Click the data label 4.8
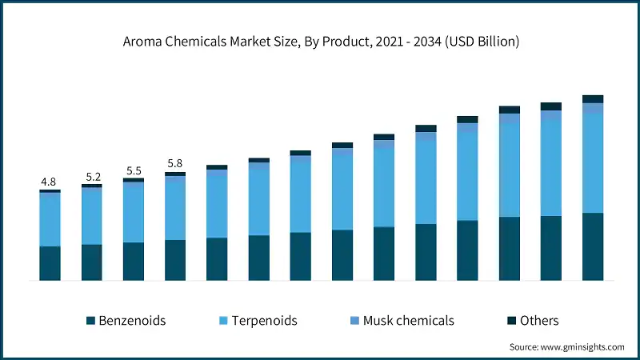coord(50,182)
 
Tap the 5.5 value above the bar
coord(133,170)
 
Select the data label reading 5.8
coord(174,164)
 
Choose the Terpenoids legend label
coord(264,321)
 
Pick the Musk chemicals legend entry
coord(408,321)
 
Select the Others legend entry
coord(538,321)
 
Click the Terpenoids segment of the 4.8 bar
coord(50,219)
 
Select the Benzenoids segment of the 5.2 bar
coord(91,262)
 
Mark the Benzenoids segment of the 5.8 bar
coord(174,260)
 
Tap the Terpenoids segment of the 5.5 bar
coord(133,212)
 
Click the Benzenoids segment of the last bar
coord(592,246)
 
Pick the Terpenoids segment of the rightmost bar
coord(592,163)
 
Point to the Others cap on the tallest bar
coord(592,99)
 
